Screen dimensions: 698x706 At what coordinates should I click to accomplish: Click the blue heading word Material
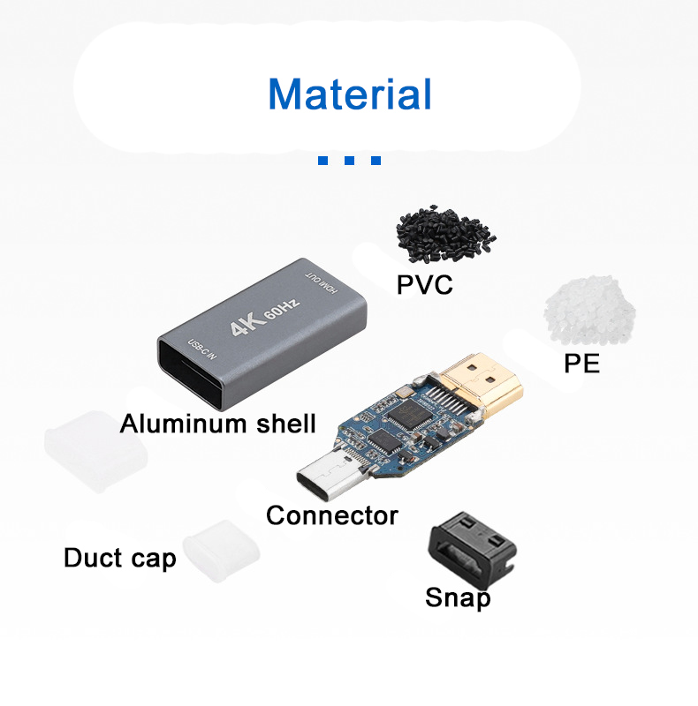350,94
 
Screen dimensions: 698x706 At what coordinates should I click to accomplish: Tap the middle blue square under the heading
349,161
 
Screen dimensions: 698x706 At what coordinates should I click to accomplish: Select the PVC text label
424,284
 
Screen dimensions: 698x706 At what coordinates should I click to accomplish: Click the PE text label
581,364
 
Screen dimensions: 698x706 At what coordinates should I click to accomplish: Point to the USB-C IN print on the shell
202,349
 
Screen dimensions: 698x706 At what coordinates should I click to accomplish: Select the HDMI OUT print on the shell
322,282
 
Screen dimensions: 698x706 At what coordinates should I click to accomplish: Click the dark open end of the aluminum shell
190,373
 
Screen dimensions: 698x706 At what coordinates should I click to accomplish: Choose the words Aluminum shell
217,424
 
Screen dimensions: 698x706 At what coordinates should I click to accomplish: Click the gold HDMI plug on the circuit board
482,384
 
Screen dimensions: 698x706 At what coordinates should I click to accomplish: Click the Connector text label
332,515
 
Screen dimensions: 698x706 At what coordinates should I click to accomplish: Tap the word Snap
458,598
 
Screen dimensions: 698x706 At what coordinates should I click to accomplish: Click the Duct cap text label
119,559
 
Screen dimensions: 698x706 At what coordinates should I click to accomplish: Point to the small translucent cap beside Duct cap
221,551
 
